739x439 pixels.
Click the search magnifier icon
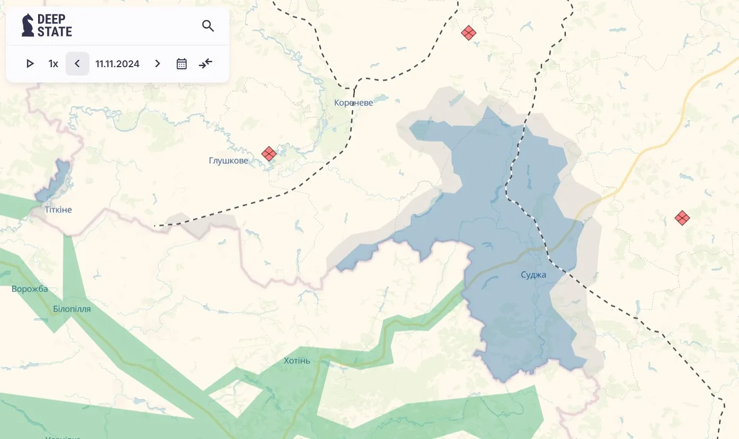(x=208, y=26)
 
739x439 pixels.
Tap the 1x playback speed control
(x=53, y=64)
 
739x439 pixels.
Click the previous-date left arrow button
(x=77, y=64)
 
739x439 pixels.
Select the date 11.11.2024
(x=117, y=64)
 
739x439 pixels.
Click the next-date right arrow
(x=158, y=64)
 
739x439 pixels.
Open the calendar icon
(x=181, y=64)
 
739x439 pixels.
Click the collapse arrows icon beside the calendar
(x=205, y=64)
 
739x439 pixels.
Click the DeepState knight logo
(x=28, y=25)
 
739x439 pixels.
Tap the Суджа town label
(x=533, y=275)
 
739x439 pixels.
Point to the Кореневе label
(x=353, y=103)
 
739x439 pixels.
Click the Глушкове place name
(x=229, y=161)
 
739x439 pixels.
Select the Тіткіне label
(x=58, y=210)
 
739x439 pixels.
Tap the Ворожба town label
(x=30, y=289)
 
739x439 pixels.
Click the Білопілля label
(x=72, y=309)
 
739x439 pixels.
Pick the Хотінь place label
(x=297, y=361)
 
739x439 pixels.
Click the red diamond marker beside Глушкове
(x=269, y=154)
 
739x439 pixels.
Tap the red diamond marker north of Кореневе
(x=468, y=33)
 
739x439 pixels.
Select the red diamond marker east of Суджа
(x=682, y=218)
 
